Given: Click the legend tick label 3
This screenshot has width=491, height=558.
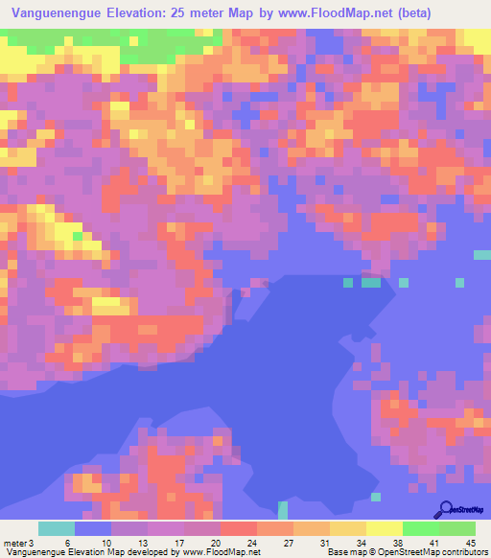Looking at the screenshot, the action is pyautogui.click(x=31, y=542).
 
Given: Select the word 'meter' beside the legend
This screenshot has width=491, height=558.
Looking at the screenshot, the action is pyautogui.click(x=14, y=542).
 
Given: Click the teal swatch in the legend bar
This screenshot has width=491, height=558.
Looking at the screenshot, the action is pyautogui.click(x=57, y=528).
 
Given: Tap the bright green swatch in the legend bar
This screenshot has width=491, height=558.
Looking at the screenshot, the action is pyautogui.click(x=421, y=528).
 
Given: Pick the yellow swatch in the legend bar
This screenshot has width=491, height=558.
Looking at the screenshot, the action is pyautogui.click(x=385, y=528).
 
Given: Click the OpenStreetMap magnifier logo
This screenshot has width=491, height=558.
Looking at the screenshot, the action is pyautogui.click(x=445, y=509).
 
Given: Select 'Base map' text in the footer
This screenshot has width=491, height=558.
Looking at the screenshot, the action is pyautogui.click(x=342, y=552).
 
